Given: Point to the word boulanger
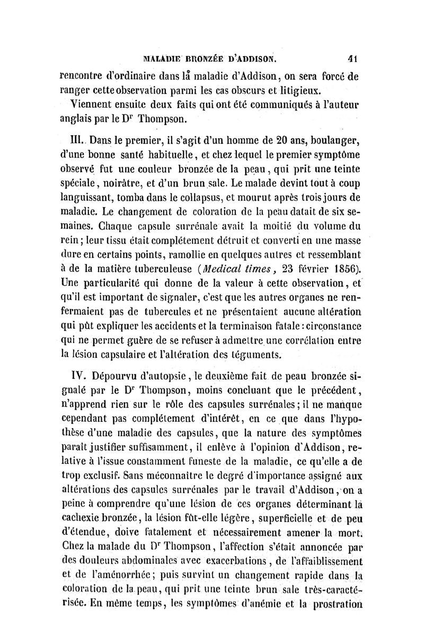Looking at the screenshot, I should click(335, 141).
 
